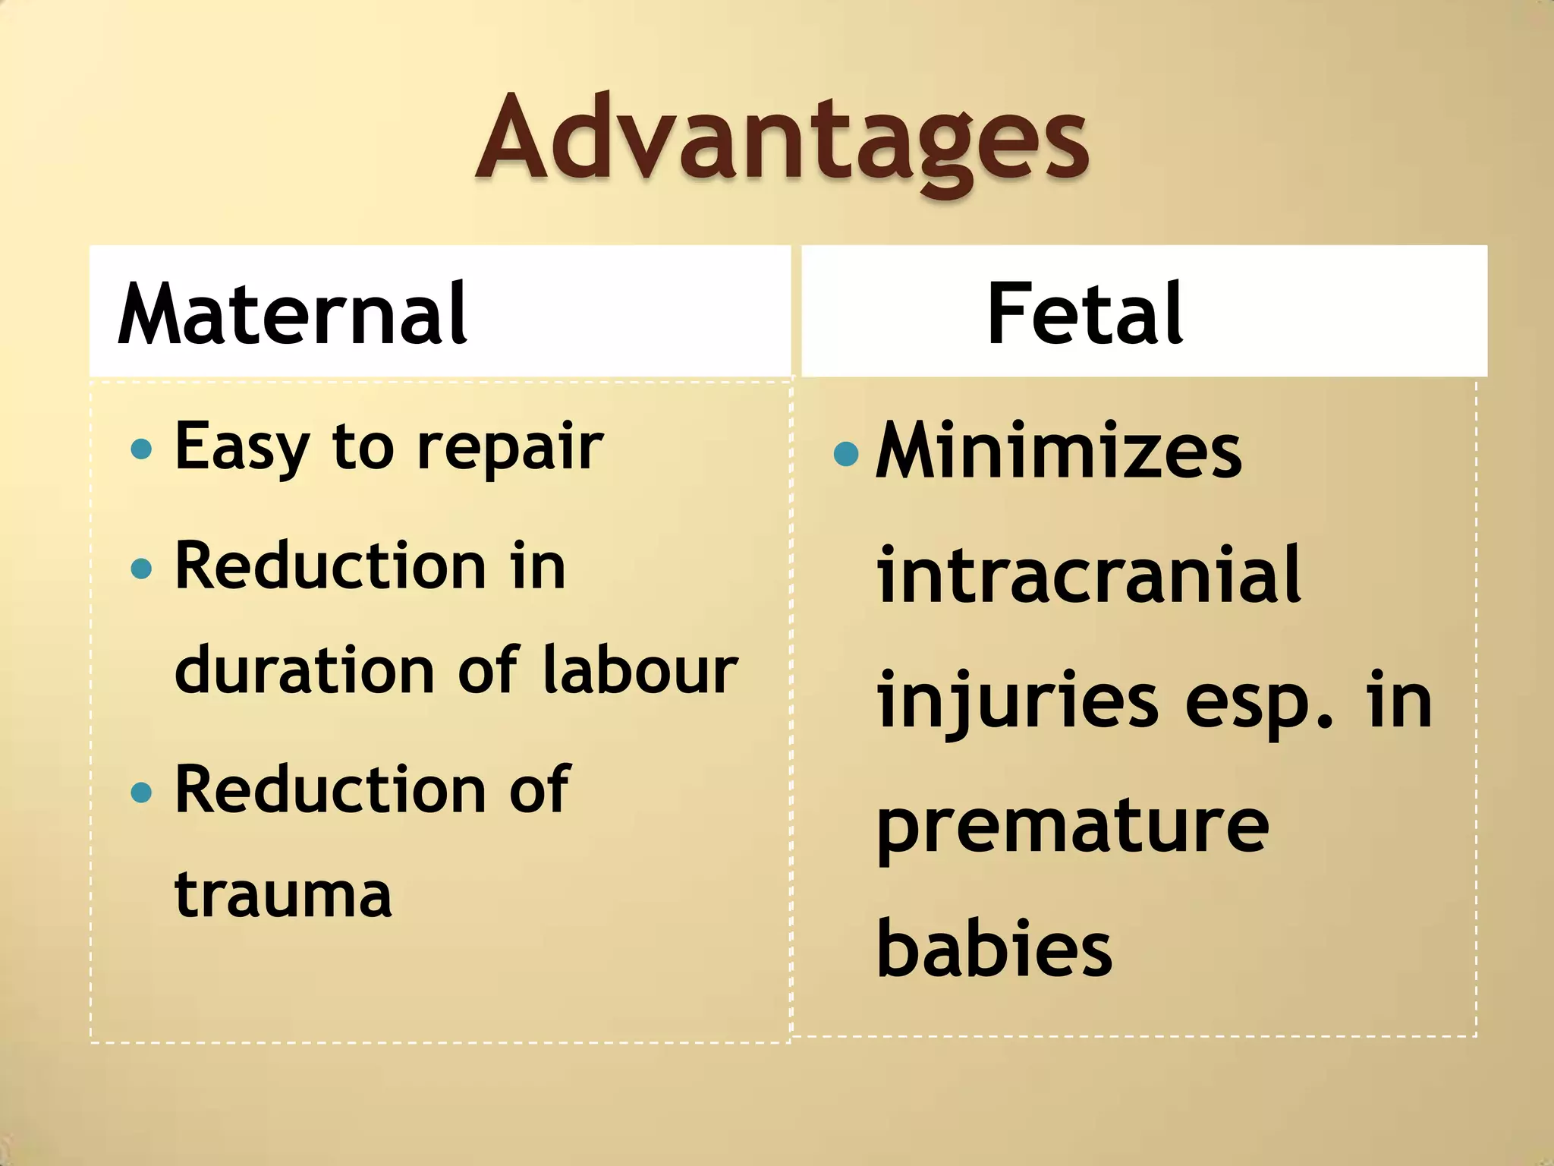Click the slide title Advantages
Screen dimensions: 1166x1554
click(782, 140)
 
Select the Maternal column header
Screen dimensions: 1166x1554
click(292, 313)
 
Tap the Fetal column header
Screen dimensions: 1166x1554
click(1084, 313)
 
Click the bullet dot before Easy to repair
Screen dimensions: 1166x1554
click(141, 449)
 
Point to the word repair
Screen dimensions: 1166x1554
click(510, 449)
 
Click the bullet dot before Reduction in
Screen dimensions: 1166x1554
click(141, 568)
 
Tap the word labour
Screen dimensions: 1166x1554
click(640, 670)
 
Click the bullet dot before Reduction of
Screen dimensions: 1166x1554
click(141, 793)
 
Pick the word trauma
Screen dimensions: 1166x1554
click(283, 894)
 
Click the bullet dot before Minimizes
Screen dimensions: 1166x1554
click(845, 454)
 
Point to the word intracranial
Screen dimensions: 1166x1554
click(1089, 575)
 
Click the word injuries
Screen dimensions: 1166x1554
click(1017, 702)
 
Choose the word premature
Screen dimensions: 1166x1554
click(1072, 827)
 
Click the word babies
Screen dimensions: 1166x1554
click(994, 949)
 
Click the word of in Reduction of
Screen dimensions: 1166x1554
click(538, 790)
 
